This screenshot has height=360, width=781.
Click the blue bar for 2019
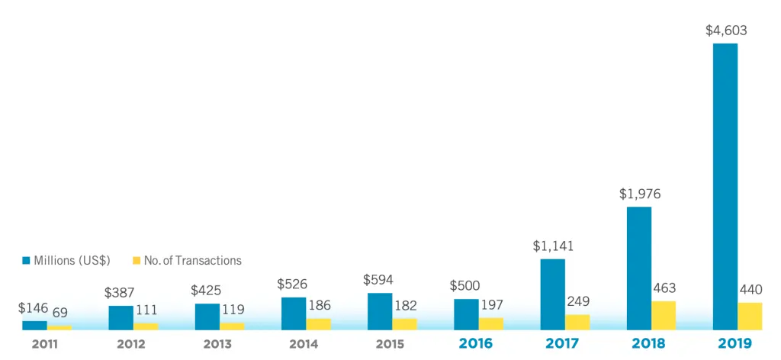tap(725, 186)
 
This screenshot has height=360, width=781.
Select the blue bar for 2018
tap(638, 268)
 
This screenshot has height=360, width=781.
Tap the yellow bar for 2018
tap(664, 315)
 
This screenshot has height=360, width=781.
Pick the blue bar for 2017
tap(552, 294)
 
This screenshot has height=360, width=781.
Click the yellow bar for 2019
tap(750, 316)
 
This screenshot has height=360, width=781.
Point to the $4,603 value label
tap(725, 31)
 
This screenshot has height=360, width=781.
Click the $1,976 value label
tap(639, 194)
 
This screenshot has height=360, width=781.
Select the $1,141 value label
tap(553, 246)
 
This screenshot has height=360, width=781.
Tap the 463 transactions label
tap(664, 288)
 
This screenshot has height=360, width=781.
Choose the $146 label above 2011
tap(34, 308)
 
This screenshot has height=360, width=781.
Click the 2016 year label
tap(476, 343)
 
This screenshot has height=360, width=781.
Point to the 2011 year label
tap(46, 343)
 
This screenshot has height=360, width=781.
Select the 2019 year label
tap(734, 343)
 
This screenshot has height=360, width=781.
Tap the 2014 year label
tap(304, 343)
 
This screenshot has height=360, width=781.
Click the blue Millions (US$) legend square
tap(27, 261)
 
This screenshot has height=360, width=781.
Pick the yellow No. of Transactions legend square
tap(137, 261)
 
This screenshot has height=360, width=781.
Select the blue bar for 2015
tap(380, 311)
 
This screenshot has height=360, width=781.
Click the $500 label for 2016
tap(465, 285)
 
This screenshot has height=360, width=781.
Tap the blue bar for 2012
tap(121, 317)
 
